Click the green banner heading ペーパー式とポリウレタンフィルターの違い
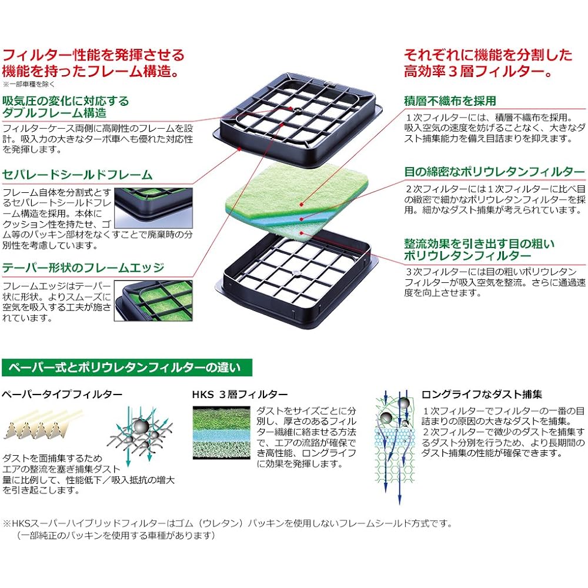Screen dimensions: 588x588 tap(127, 367)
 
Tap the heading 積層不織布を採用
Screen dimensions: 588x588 tap(450, 101)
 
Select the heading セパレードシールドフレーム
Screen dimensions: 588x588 tap(77, 175)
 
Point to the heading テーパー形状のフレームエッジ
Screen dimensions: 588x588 tap(83, 268)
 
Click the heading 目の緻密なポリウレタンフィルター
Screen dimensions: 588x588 tap(495, 172)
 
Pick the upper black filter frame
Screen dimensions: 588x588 tap(298, 120)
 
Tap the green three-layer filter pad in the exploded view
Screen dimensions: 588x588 tap(296, 202)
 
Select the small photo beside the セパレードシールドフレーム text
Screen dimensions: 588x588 tap(153, 208)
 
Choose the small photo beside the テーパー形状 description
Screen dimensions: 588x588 tap(153, 300)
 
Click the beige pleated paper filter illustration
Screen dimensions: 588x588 tap(42, 425)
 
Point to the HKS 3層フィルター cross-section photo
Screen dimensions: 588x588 tap(221, 432)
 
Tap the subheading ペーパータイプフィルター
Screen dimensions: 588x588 tap(62, 394)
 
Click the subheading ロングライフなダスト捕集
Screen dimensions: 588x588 tap(482, 394)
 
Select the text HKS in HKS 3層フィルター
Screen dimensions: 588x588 tap(203, 395)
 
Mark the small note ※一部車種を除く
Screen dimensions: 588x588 tap(28, 84)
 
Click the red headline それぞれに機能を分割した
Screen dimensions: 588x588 tap(488, 55)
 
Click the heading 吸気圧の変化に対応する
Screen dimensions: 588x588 tap(66, 101)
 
